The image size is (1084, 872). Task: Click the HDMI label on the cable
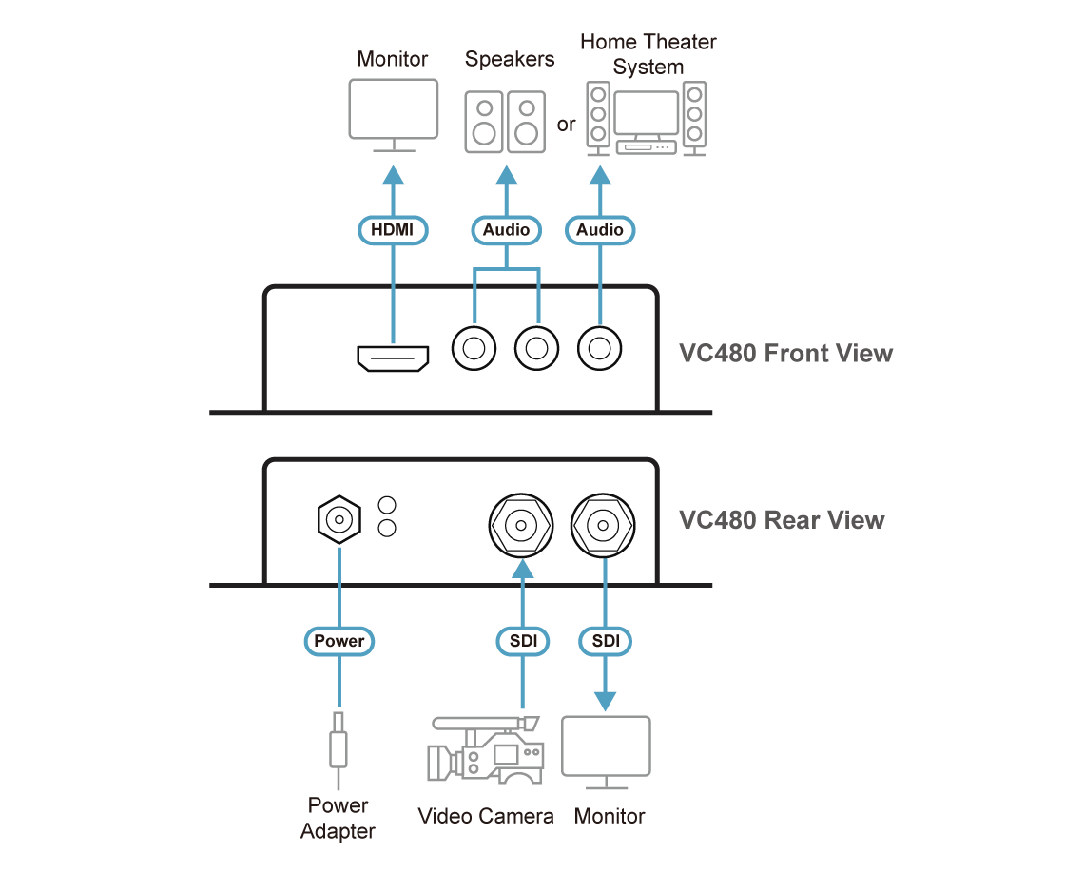tap(393, 229)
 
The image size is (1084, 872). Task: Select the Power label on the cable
tap(339, 641)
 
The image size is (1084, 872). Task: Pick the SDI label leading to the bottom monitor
tap(606, 641)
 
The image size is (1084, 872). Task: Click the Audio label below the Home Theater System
tap(600, 229)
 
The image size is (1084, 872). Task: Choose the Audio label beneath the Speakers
tap(506, 229)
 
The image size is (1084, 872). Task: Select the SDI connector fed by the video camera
tap(521, 524)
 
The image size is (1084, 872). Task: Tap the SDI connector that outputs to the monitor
tap(604, 524)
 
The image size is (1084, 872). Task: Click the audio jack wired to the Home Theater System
tap(600, 349)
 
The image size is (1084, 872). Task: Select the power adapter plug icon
tap(338, 743)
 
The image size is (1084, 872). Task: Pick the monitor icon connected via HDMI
tap(393, 113)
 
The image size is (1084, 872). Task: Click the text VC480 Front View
tap(785, 354)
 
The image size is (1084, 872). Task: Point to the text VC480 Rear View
tap(782, 520)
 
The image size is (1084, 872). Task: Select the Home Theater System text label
tap(648, 54)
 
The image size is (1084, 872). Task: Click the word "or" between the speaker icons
tap(567, 125)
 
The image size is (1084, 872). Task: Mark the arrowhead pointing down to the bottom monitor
tap(606, 700)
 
